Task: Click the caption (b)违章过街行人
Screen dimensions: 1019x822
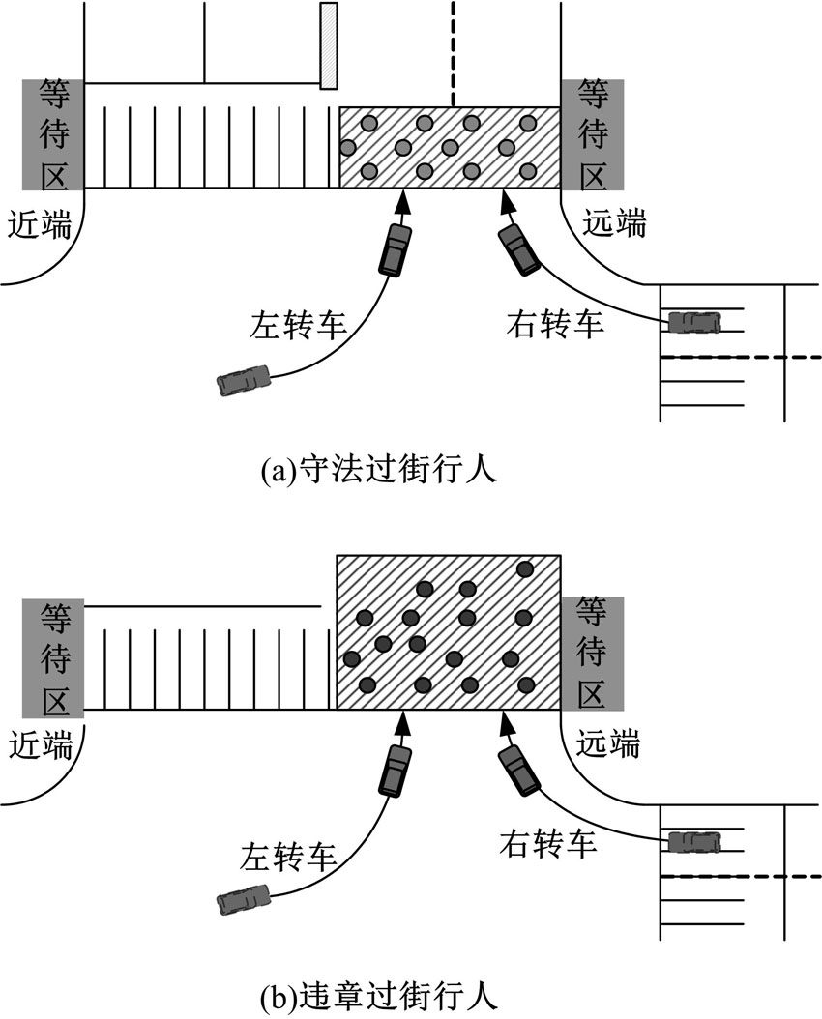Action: pyautogui.click(x=379, y=994)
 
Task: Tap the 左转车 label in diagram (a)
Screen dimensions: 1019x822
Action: pyautogui.click(x=298, y=323)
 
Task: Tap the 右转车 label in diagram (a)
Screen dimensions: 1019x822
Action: pyautogui.click(x=555, y=323)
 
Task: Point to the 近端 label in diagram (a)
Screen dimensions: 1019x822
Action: pyautogui.click(x=41, y=224)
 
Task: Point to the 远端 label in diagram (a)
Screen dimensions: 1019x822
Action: pyautogui.click(x=615, y=224)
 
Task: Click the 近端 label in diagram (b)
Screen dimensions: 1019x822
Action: pyautogui.click(x=41, y=744)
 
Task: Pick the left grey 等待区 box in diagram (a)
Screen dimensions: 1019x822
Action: pyautogui.click(x=53, y=134)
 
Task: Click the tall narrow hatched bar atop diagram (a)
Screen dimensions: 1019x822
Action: pyautogui.click(x=329, y=46)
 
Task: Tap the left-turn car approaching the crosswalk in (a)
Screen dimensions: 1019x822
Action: pyautogui.click(x=395, y=249)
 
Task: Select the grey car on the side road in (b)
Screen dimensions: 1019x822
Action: pyautogui.click(x=692, y=841)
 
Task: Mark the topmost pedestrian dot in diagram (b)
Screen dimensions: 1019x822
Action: pyautogui.click(x=526, y=568)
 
